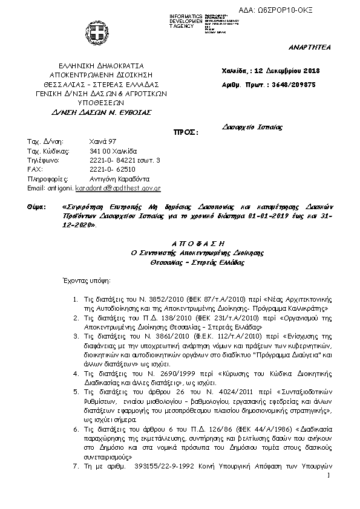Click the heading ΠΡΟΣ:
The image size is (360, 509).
pos(186,131)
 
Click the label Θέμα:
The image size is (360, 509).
pos(38,207)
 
